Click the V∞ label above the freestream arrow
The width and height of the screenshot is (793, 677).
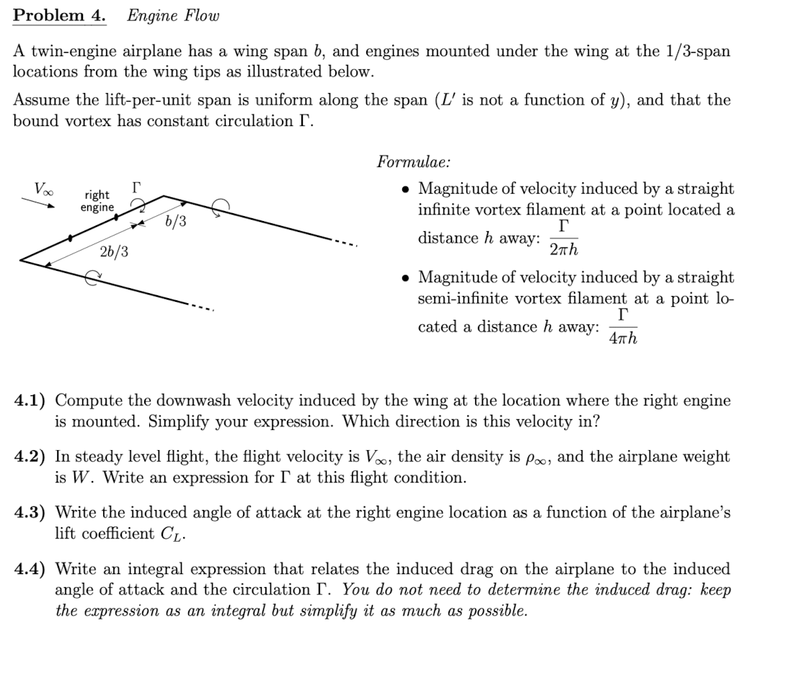pos(43,189)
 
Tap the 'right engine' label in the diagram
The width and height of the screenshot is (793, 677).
pos(97,201)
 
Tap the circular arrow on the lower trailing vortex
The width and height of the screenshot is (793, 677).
pos(92,279)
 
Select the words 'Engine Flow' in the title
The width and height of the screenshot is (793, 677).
pos(173,15)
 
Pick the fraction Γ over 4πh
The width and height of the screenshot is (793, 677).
pos(623,326)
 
